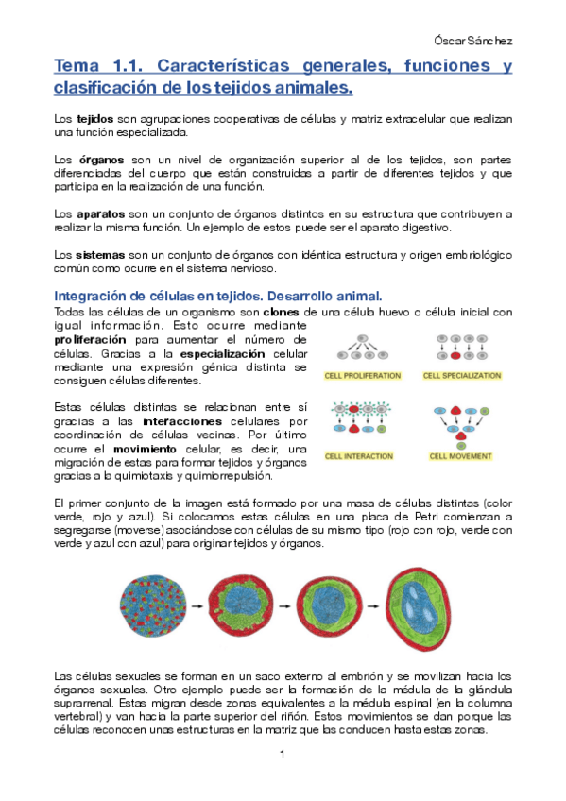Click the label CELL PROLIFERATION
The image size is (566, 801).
(x=364, y=375)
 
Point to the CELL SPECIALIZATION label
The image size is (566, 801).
(x=461, y=375)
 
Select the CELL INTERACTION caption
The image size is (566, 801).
(x=360, y=455)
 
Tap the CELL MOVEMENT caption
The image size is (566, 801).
(x=461, y=455)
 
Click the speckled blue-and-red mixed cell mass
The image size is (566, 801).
(x=155, y=607)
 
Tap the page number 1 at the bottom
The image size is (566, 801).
(x=283, y=754)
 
